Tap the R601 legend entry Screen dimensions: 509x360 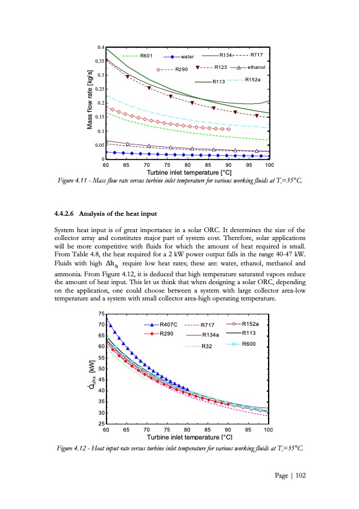(146, 56)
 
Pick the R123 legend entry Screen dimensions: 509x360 (221, 67)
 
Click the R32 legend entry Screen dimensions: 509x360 (209, 346)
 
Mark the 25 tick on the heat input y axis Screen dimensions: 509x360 (101, 424)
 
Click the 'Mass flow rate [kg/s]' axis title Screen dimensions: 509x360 (90, 103)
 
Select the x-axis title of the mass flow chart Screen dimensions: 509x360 (187, 172)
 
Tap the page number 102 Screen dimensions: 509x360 (299, 476)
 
